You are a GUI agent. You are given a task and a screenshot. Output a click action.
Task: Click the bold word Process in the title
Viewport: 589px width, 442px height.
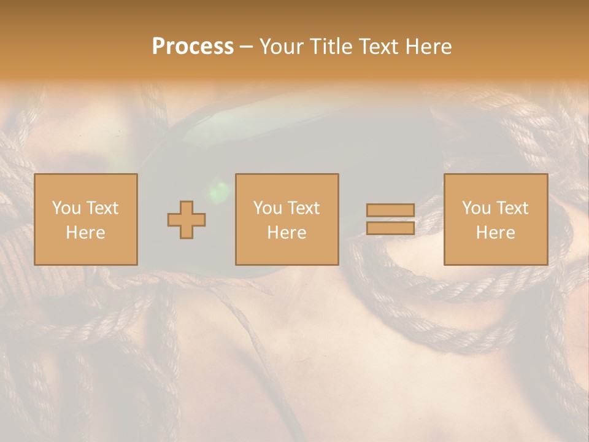point(193,47)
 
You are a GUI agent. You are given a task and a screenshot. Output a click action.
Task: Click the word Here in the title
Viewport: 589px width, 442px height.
point(429,47)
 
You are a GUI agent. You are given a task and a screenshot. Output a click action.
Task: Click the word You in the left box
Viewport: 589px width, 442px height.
point(66,208)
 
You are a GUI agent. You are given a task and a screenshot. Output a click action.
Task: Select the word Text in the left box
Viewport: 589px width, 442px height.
point(102,208)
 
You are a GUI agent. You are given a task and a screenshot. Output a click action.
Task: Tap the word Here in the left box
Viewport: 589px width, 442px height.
point(85,233)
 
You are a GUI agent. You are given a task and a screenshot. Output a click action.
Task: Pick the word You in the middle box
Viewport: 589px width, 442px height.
point(268,208)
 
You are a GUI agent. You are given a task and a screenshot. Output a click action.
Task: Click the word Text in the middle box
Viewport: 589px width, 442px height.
point(303,208)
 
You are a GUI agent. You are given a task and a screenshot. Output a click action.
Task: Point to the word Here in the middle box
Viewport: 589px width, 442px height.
point(287,233)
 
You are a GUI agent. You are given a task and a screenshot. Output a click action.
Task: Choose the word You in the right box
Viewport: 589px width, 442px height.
point(476,208)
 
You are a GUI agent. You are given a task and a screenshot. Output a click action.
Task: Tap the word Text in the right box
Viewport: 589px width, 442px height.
point(512,208)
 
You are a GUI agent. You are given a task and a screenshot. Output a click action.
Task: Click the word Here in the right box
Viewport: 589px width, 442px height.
point(495,233)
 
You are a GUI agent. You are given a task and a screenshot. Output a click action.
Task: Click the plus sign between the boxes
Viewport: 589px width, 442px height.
point(187,220)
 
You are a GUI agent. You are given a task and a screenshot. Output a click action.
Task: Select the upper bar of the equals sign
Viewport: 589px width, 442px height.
point(390,210)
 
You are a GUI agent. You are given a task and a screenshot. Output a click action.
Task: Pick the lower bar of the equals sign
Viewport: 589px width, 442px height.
point(390,228)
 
